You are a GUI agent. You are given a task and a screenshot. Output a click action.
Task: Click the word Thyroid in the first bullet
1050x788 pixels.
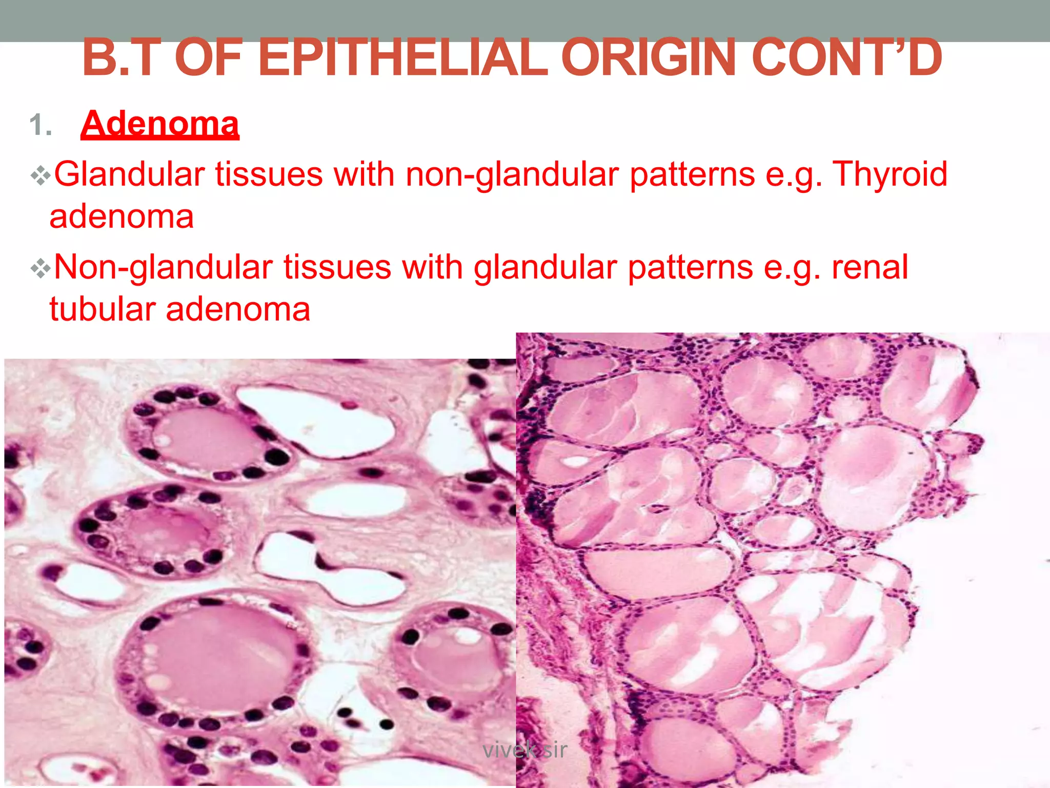coord(890,174)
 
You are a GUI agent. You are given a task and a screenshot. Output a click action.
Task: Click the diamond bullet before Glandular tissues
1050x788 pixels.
coord(40,176)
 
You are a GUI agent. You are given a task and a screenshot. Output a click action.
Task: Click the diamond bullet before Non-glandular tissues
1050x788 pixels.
coord(40,269)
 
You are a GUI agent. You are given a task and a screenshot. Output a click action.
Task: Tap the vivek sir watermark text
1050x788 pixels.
coord(524,750)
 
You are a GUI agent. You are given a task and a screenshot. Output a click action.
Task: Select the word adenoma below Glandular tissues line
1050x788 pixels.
coord(122,216)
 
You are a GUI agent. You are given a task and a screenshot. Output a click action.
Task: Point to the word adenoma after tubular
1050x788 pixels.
coord(238,309)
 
